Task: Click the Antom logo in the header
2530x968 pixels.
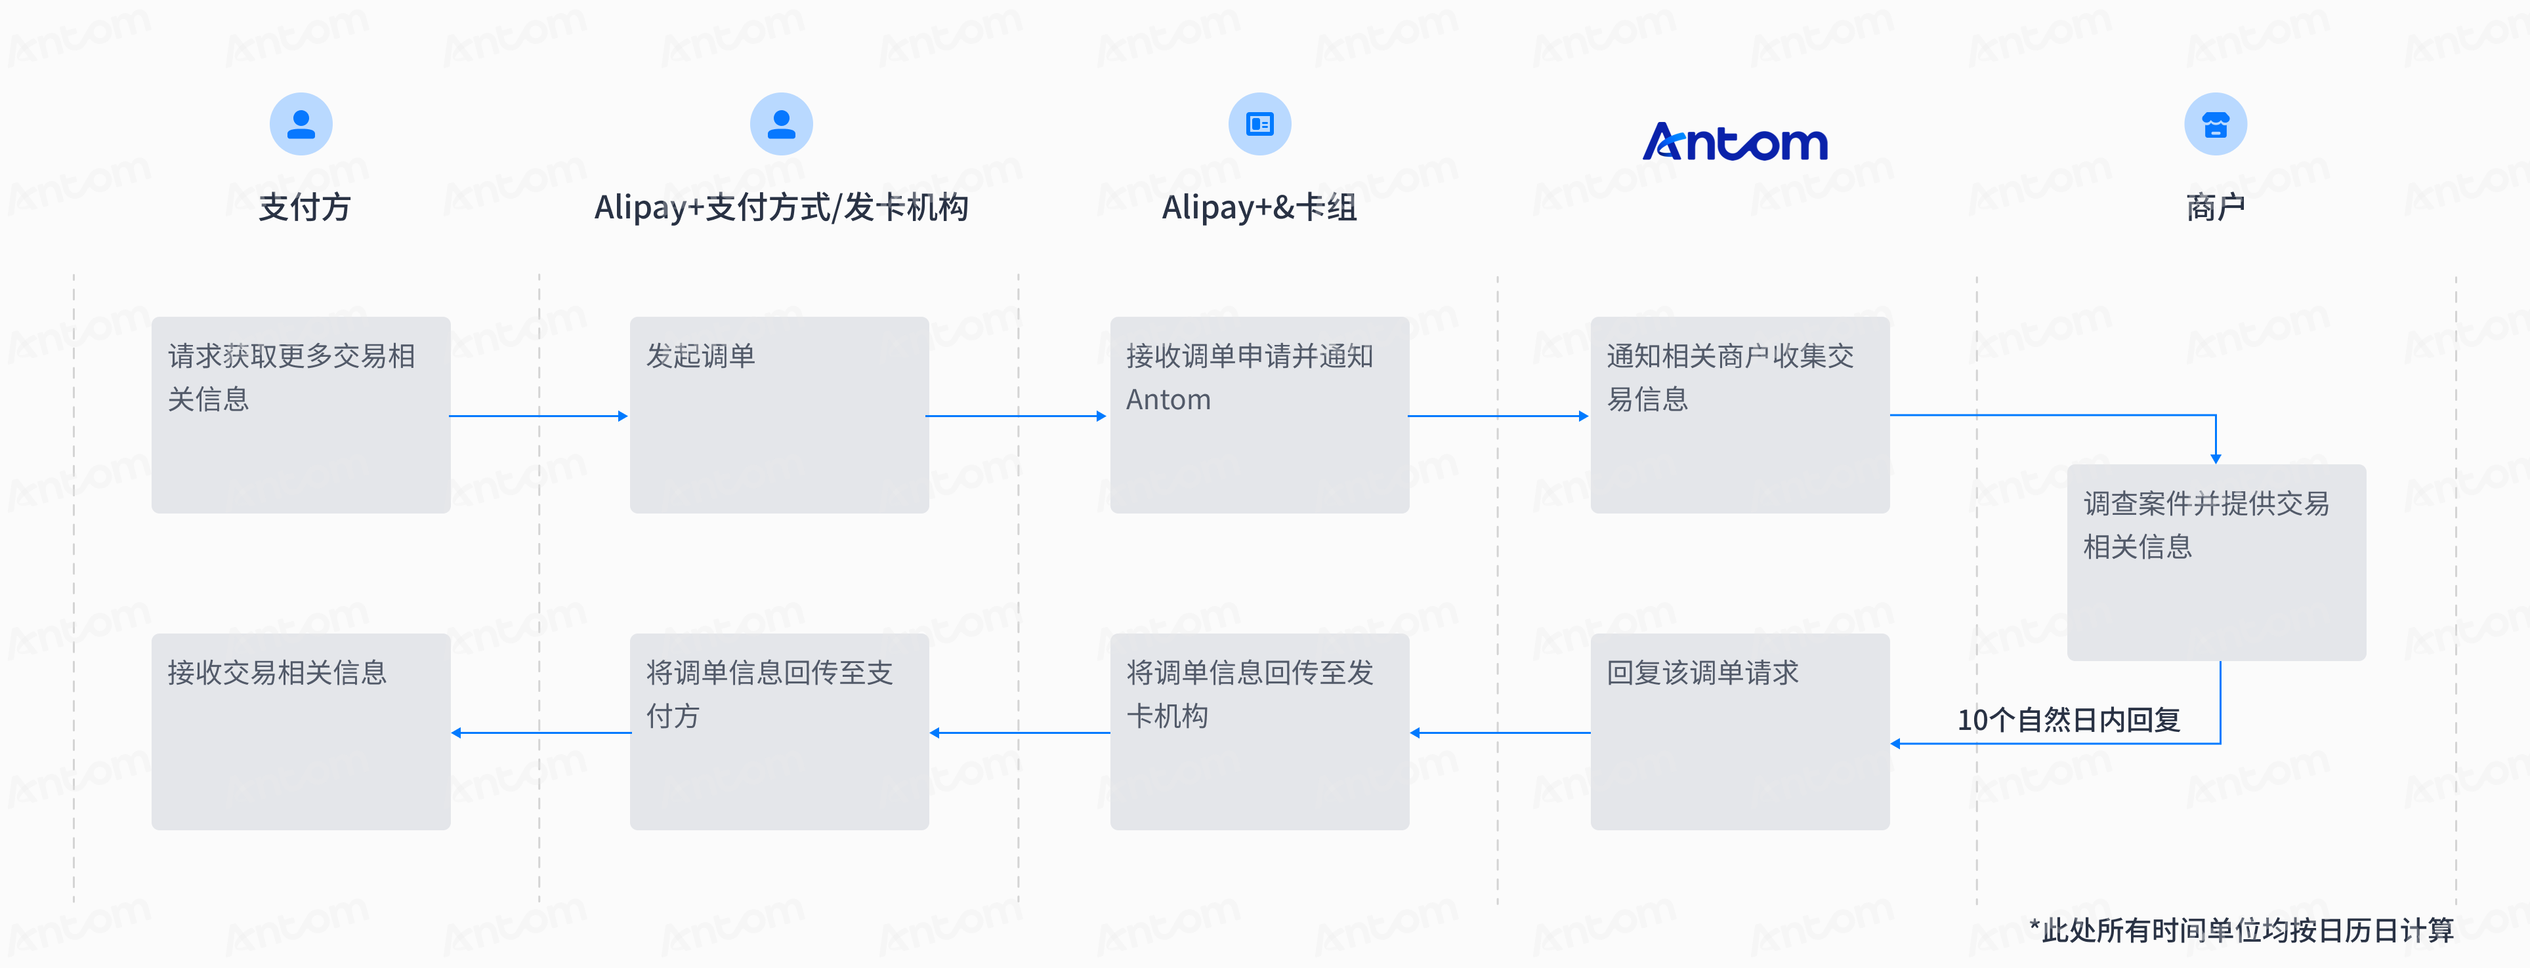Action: click(x=1735, y=142)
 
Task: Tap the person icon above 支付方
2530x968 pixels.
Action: click(x=301, y=124)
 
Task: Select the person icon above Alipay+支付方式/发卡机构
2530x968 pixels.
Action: click(x=781, y=124)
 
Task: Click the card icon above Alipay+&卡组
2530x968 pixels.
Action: click(x=1259, y=124)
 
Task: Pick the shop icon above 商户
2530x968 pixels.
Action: click(x=2215, y=124)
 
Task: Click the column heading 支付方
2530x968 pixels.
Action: click(x=305, y=207)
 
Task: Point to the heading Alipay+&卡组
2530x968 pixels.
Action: click(x=1259, y=207)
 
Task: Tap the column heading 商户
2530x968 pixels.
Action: click(x=2215, y=207)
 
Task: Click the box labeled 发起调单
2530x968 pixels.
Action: click(x=779, y=414)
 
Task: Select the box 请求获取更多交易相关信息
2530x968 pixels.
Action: click(x=301, y=414)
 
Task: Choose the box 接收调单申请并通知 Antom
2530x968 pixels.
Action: click(x=1259, y=414)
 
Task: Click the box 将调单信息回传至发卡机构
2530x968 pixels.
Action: click(x=1259, y=731)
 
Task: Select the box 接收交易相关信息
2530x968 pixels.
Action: click(x=301, y=731)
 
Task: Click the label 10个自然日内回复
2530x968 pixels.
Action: click(x=2069, y=719)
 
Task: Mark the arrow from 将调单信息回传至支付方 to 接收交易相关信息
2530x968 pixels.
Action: click(x=541, y=733)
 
